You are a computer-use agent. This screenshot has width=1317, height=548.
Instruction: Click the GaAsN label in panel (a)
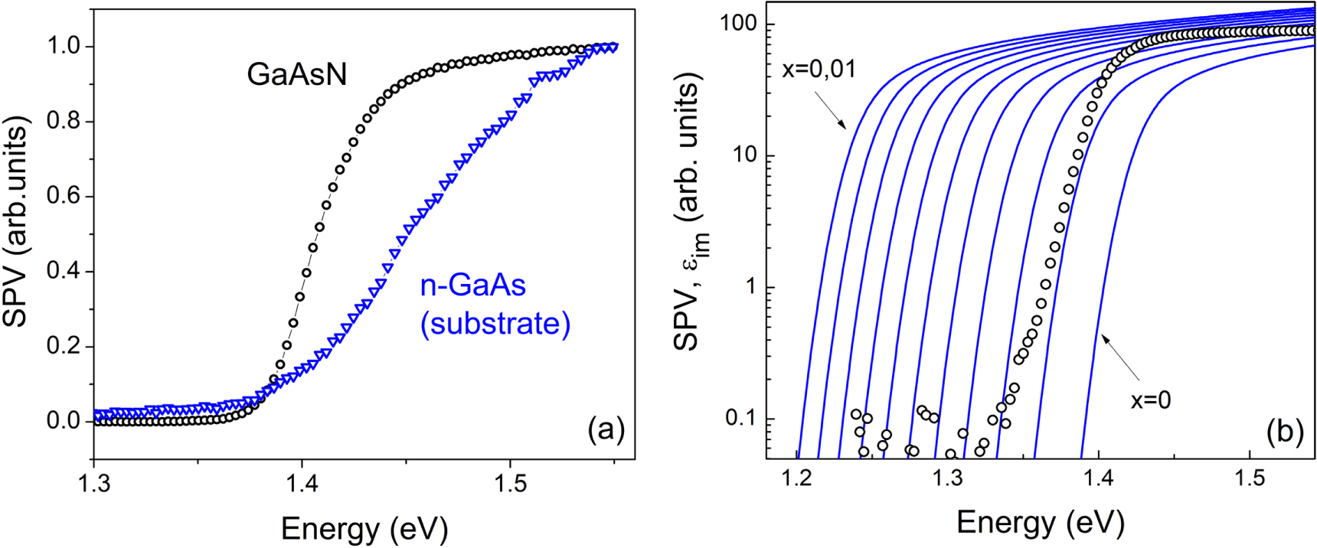(x=296, y=74)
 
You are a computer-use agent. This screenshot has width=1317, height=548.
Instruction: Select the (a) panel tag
(x=606, y=430)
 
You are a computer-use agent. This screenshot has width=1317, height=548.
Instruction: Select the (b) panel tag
(x=1285, y=432)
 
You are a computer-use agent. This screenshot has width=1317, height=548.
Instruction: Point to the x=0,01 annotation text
(x=819, y=70)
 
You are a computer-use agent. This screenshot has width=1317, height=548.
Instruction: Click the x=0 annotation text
(x=1150, y=400)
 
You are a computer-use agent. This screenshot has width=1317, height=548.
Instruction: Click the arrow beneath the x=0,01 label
(x=829, y=110)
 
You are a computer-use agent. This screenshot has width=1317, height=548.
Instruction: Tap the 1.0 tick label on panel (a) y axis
(x=64, y=46)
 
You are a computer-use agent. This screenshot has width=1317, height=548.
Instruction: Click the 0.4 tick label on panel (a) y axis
(x=64, y=272)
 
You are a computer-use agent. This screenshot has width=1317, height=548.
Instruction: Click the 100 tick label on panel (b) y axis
(x=738, y=24)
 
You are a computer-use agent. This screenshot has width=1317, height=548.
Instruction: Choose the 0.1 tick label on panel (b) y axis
(x=740, y=419)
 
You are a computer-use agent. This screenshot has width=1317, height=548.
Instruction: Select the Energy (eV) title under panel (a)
(x=364, y=528)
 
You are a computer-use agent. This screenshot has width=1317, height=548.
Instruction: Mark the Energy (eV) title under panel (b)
(x=1040, y=523)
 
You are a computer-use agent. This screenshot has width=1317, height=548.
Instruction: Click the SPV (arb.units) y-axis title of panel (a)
(x=17, y=222)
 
